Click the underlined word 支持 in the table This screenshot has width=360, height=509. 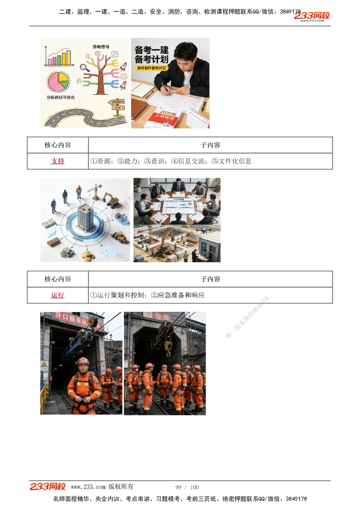point(58,161)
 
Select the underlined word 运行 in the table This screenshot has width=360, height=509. point(58,295)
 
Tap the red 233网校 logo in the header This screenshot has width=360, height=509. point(312,16)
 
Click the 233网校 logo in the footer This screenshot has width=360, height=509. point(48,487)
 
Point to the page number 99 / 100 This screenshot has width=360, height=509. point(187,487)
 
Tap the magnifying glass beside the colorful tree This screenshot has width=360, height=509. point(85,67)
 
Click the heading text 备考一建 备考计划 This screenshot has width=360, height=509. point(152,54)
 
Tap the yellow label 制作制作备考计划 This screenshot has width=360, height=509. point(152,68)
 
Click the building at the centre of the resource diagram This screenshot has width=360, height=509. point(85,218)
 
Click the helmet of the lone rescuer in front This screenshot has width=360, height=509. point(83,361)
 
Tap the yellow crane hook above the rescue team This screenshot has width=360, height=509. point(168,346)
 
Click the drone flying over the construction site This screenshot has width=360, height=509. point(202,230)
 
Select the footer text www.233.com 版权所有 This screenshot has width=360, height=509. point(102,487)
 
